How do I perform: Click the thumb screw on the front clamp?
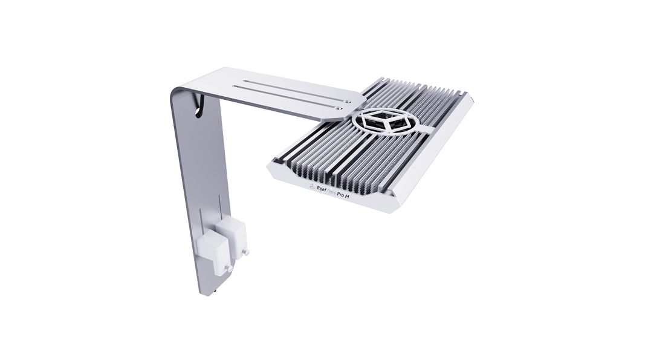pos(227,267)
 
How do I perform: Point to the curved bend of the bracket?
pos(181,91)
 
